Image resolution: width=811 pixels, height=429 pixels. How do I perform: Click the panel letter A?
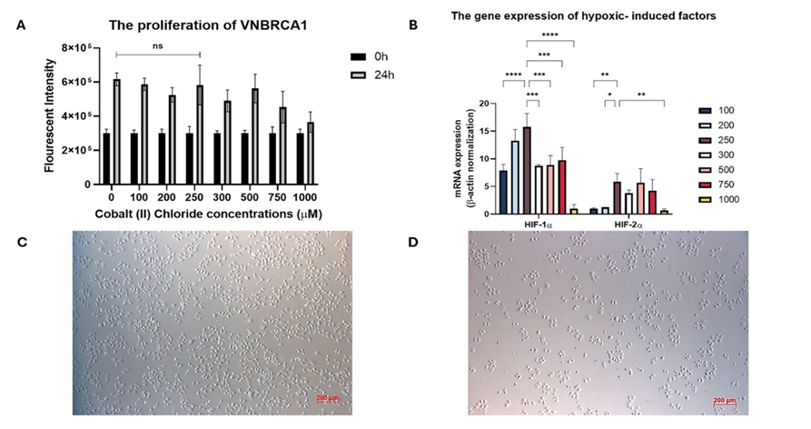[21, 25]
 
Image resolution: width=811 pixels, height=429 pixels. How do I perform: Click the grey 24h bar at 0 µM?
[116, 132]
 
